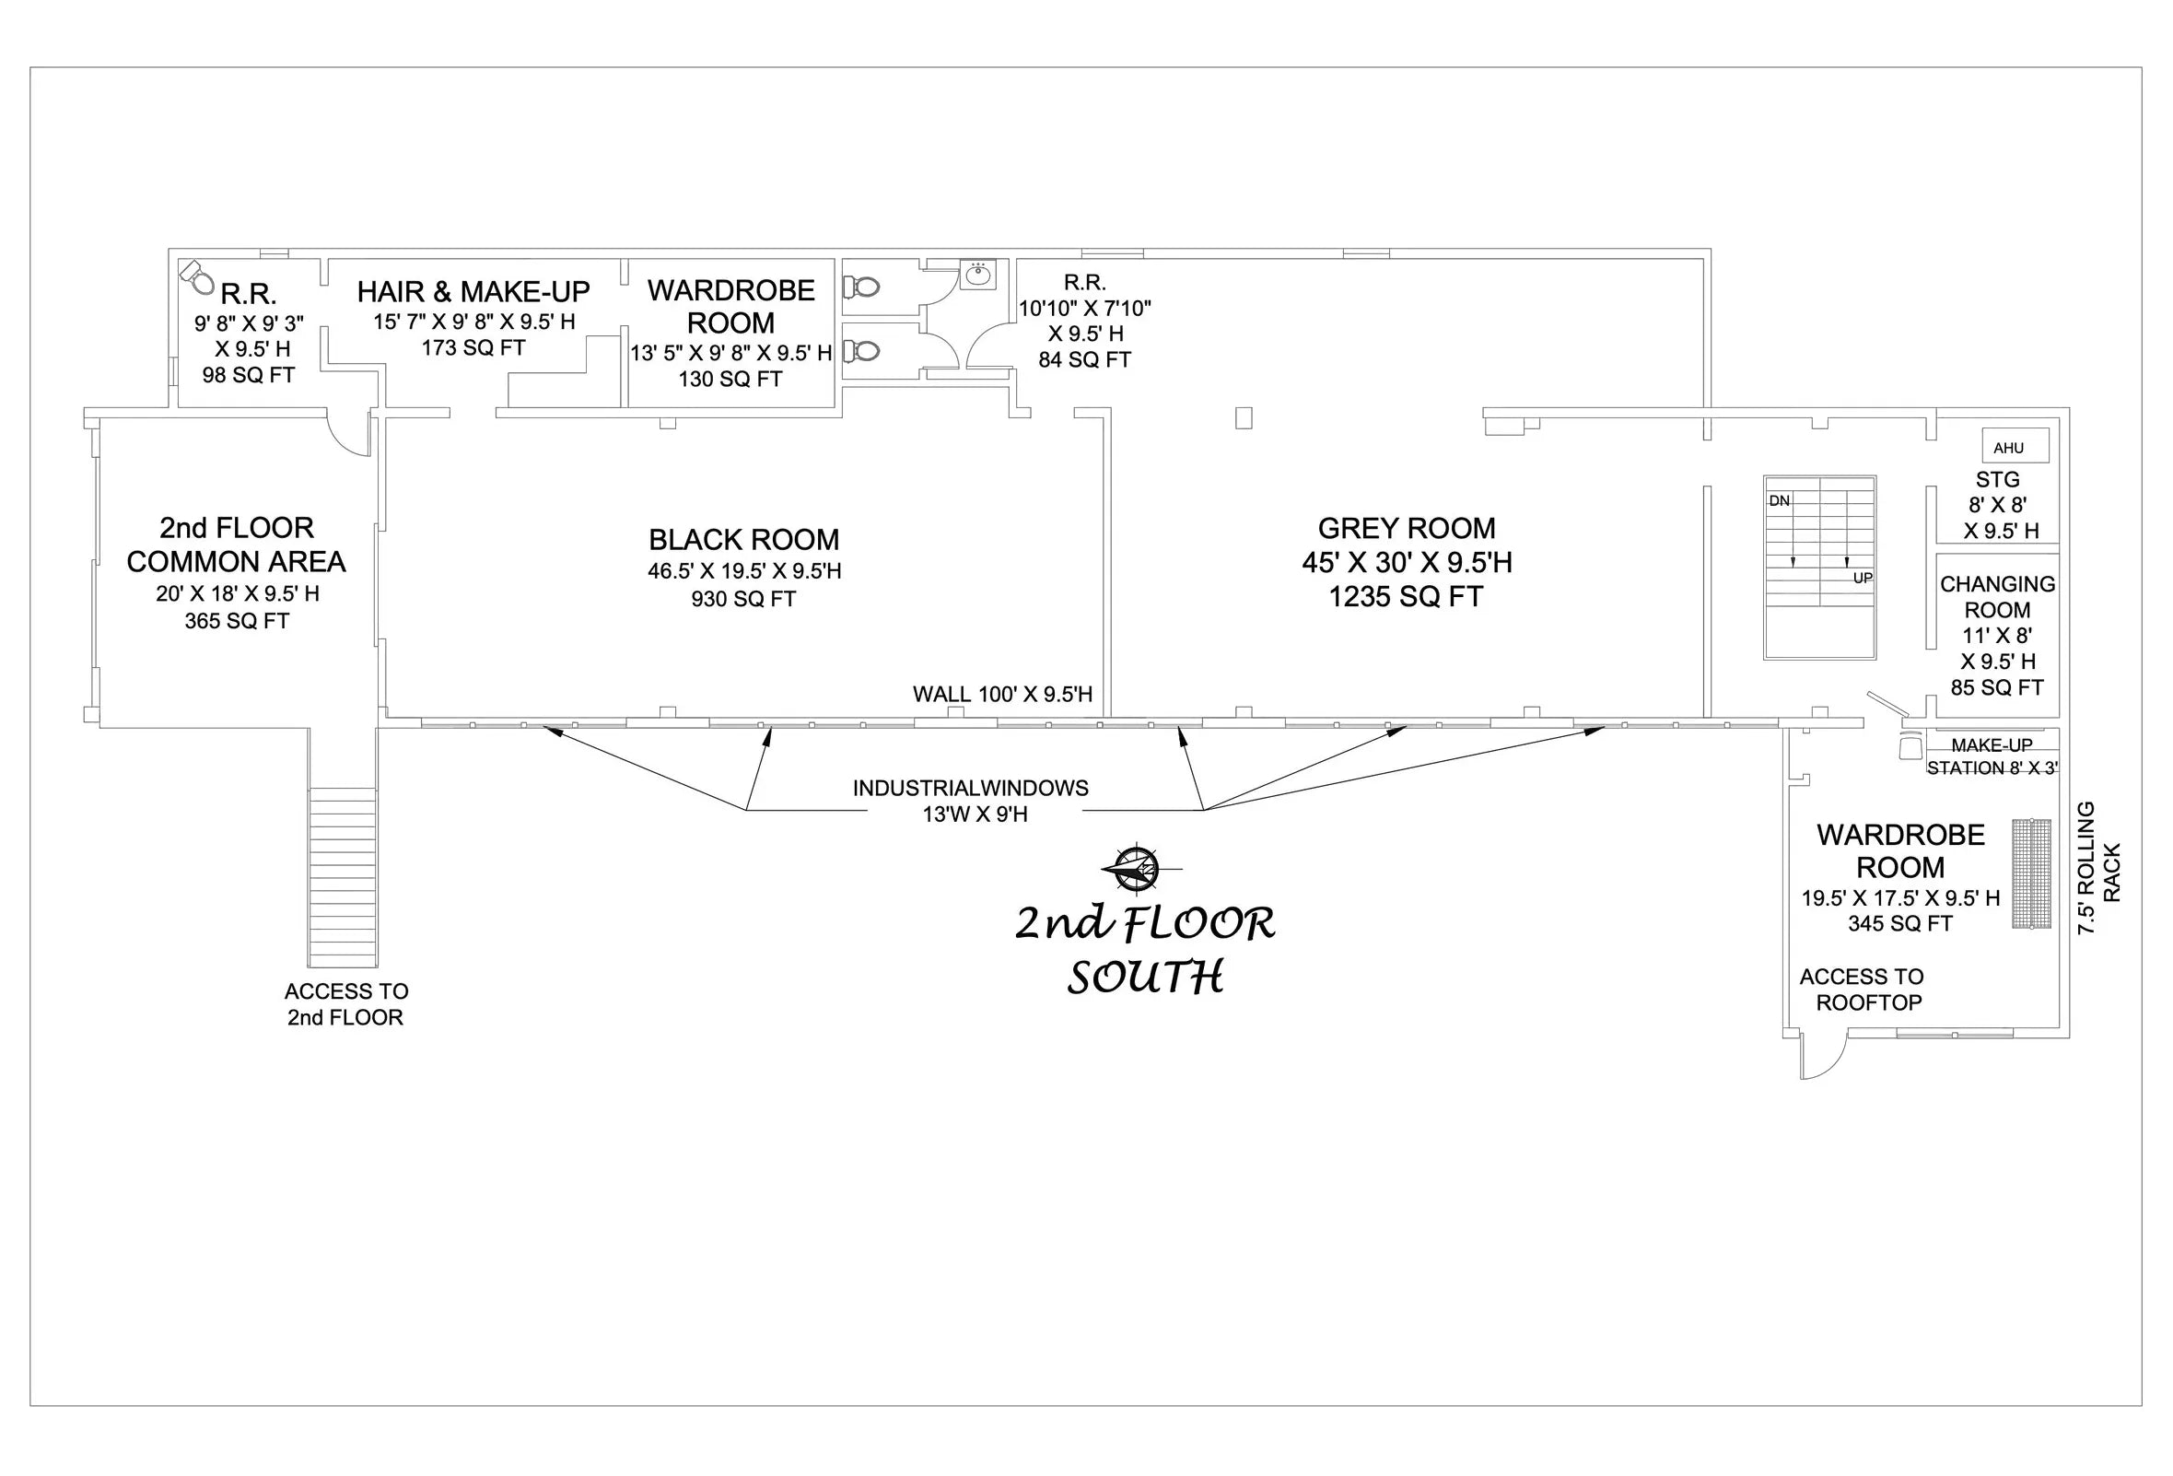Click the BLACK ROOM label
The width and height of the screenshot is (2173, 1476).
point(743,540)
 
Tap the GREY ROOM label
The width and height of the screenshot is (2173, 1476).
point(1407,529)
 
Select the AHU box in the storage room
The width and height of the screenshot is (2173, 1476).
point(2015,446)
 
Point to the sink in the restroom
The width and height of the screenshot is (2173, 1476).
point(978,274)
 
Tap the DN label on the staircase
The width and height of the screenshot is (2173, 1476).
point(1779,501)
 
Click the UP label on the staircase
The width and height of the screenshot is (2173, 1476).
point(1863,578)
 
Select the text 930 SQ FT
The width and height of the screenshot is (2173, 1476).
point(743,599)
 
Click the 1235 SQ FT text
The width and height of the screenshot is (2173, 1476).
point(1406,597)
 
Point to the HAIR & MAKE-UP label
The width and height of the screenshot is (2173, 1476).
point(473,292)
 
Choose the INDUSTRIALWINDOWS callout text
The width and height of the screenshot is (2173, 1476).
point(971,789)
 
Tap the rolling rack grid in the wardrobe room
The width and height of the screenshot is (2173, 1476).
point(2031,873)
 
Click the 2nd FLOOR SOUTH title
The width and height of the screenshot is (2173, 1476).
point(1145,949)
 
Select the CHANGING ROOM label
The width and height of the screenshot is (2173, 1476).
point(1997,597)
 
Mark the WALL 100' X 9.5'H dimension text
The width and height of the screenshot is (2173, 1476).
point(1002,694)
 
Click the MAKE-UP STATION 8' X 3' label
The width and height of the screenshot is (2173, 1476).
point(1992,756)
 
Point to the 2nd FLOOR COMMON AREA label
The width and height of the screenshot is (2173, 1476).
point(237,545)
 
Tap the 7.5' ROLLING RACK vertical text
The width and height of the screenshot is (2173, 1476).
point(2099,868)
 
